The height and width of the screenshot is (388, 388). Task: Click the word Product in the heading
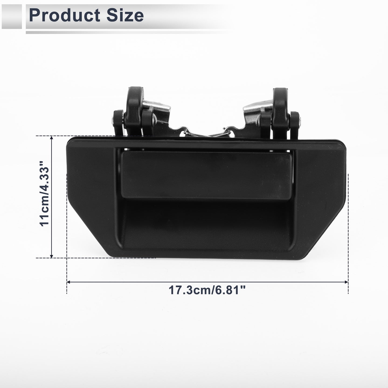click(65, 15)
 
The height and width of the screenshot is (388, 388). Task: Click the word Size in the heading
click(125, 15)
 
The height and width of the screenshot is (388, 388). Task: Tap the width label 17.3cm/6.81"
click(207, 290)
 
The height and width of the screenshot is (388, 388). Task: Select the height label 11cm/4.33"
click(45, 194)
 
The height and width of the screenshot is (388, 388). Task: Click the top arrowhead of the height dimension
click(51, 138)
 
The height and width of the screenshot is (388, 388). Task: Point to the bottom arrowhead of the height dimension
click(51, 256)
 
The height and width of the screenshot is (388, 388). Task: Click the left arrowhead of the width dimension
click(68, 282)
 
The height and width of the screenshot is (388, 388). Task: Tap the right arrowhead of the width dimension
click(346, 282)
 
